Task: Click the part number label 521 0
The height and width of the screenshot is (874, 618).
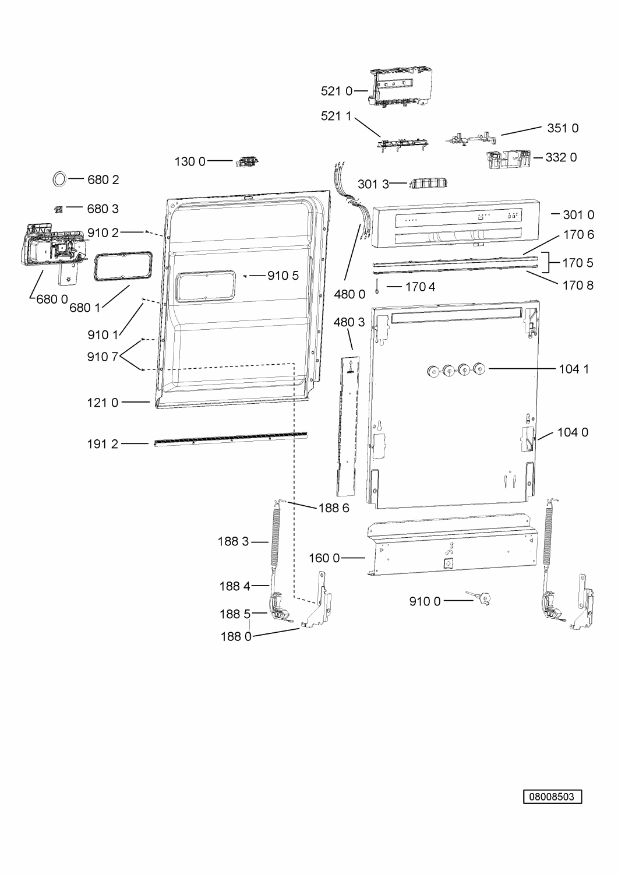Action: click(x=336, y=91)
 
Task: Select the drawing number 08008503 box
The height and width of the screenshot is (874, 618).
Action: click(x=552, y=797)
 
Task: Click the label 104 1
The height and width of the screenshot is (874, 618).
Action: click(x=574, y=369)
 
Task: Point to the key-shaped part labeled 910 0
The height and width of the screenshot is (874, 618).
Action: click(x=479, y=597)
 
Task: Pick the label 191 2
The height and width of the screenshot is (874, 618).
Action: click(x=103, y=444)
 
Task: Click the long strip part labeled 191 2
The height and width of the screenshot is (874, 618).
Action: click(x=230, y=439)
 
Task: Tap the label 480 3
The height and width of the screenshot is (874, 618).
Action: click(x=349, y=322)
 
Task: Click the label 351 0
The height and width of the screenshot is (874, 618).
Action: click(x=563, y=128)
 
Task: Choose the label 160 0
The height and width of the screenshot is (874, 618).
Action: click(x=324, y=558)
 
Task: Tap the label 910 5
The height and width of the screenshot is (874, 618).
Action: click(x=283, y=276)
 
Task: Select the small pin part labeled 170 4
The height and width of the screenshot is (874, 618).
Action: click(x=377, y=286)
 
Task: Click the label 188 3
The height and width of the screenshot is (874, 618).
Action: click(x=234, y=541)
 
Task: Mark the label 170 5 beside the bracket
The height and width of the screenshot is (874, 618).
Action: click(x=577, y=263)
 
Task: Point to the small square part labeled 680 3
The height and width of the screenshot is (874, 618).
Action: click(x=58, y=209)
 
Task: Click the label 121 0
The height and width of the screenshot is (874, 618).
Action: click(x=103, y=403)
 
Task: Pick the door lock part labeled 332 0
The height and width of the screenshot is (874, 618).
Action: click(x=508, y=159)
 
